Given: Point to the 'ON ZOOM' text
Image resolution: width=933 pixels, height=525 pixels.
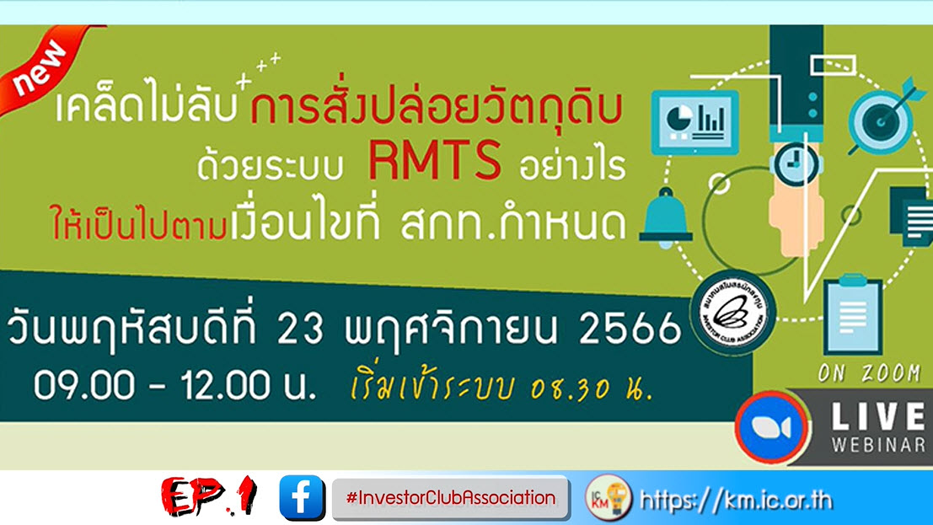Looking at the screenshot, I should point(869,373).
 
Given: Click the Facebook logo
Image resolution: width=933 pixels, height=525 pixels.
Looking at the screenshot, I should point(302,497).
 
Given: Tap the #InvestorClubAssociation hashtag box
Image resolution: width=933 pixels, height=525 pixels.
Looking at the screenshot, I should point(451,497).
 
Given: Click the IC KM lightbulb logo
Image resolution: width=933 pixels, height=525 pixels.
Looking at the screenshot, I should point(609,498).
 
